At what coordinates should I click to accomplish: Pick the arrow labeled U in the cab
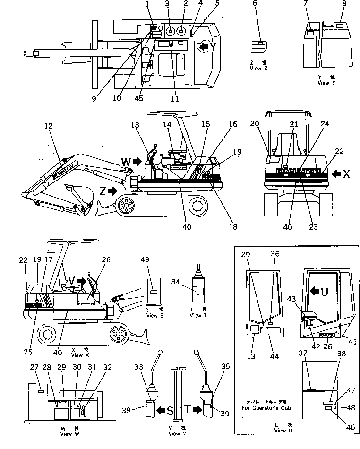(x=313, y=292)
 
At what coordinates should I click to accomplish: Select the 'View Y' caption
(x=324, y=83)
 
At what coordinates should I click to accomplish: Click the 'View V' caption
(x=174, y=433)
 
